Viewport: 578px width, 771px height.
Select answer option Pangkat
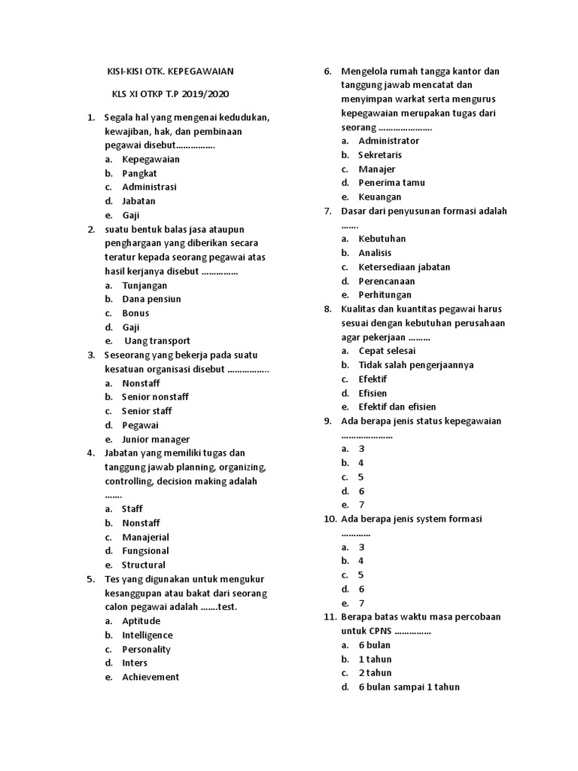139,173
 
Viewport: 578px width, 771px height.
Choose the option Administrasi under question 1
149,187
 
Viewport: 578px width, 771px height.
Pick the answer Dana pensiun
151,299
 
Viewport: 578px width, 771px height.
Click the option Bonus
135,312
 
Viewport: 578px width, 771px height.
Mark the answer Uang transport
157,340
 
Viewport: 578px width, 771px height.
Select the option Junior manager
156,439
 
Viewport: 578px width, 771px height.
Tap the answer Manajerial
145,537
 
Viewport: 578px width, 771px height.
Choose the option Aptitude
141,621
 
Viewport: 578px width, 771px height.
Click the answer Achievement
151,677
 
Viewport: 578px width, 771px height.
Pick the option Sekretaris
380,154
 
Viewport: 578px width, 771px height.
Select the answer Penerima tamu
391,182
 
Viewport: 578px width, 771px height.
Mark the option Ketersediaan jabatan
404,267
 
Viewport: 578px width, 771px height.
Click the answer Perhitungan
385,294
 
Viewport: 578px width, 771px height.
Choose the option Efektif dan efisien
397,407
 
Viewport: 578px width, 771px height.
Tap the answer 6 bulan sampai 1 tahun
409,687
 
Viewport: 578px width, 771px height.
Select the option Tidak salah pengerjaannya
415,364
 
